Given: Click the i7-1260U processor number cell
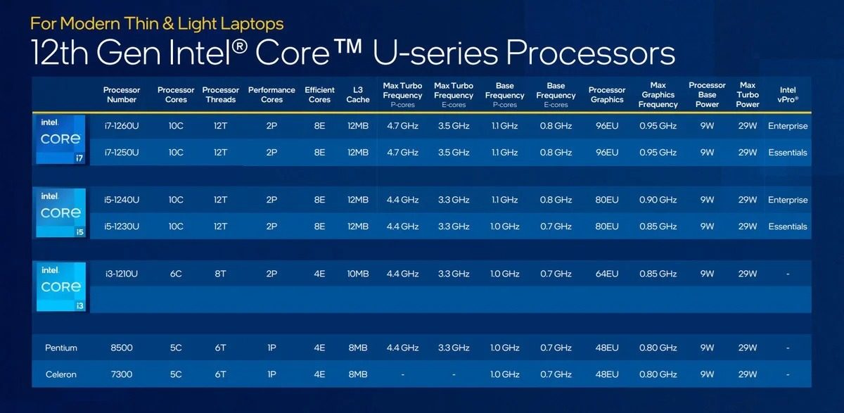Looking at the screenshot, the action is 121,126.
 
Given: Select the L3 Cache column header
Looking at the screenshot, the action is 357,94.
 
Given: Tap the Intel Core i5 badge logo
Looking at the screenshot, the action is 60,213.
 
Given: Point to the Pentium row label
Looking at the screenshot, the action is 60,348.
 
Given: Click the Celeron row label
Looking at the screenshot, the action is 60,374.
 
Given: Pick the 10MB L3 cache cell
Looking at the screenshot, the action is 357,274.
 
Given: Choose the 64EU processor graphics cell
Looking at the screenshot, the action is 606,274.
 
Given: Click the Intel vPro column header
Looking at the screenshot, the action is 788,94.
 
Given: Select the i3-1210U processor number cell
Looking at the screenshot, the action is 121,274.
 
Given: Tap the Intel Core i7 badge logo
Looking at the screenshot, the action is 60,139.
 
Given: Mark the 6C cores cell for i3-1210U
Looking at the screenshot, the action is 176,274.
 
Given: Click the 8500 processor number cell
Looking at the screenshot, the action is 121,348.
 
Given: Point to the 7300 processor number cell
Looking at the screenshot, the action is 121,374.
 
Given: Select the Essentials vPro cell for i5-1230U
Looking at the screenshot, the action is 788,227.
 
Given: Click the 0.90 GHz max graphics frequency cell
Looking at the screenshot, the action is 658,200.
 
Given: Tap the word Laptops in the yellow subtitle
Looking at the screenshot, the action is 252,24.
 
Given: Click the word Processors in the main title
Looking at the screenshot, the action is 590,53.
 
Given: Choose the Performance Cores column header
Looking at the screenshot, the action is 271,94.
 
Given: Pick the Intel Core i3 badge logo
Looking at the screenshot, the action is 60,287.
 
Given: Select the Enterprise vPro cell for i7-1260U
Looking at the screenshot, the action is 788,126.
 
